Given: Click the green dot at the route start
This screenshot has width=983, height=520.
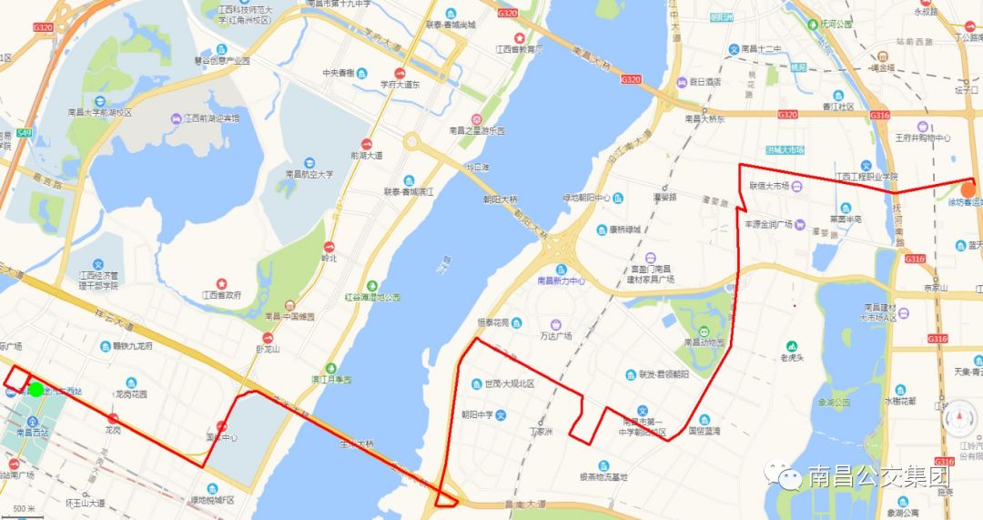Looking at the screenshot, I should [x=35, y=390].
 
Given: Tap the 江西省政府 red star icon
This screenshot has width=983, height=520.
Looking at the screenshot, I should [x=220, y=282].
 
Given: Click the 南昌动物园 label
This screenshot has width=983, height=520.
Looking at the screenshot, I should [x=704, y=342].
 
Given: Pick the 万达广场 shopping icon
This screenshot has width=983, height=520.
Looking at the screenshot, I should [x=553, y=324].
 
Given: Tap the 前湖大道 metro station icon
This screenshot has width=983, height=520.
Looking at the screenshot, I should [x=366, y=144].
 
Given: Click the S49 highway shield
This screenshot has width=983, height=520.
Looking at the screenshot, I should [x=23, y=134].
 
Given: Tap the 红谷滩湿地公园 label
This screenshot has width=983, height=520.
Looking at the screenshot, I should [x=372, y=297].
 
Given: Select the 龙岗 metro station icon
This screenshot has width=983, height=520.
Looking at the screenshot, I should [x=113, y=419].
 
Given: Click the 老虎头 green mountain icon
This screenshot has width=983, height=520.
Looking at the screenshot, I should [x=792, y=346].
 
